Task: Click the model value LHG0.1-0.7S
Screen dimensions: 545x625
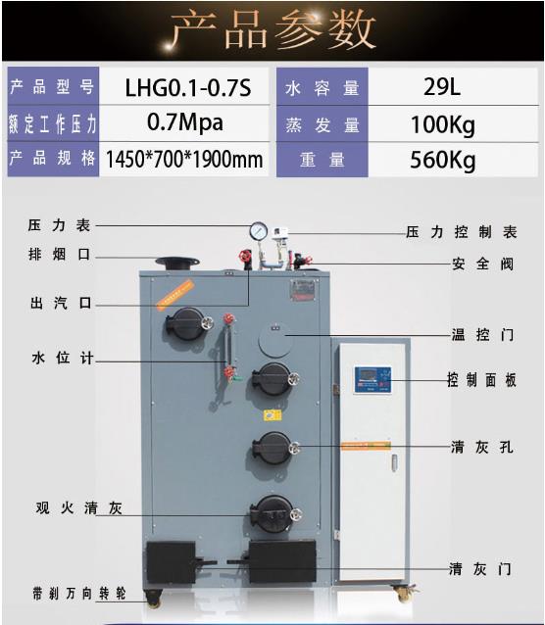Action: click(188, 88)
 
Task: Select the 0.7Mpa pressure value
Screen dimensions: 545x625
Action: click(184, 122)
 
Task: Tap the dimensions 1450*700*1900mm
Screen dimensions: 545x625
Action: click(184, 159)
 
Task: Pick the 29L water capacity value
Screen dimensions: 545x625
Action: click(442, 86)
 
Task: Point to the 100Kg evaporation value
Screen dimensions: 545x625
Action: click(443, 124)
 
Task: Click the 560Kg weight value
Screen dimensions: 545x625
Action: click(442, 160)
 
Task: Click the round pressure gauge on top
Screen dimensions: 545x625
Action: click(259, 231)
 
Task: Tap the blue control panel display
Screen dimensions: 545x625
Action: click(372, 380)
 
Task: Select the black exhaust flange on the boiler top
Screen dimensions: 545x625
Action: click(177, 264)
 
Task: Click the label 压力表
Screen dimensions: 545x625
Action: click(59, 225)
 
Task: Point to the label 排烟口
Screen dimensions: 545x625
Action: click(59, 254)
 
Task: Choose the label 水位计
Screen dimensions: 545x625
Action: click(63, 358)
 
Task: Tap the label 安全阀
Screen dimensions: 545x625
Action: click(483, 264)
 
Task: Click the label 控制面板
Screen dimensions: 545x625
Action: click(481, 380)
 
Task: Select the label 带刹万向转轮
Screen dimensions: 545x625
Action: click(79, 594)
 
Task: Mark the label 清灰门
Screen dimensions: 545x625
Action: click(480, 569)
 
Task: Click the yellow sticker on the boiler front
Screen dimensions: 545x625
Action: click(272, 415)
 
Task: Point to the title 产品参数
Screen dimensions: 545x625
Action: click(272, 30)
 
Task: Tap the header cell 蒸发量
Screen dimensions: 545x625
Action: click(322, 125)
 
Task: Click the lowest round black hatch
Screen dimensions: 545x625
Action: click(274, 514)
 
